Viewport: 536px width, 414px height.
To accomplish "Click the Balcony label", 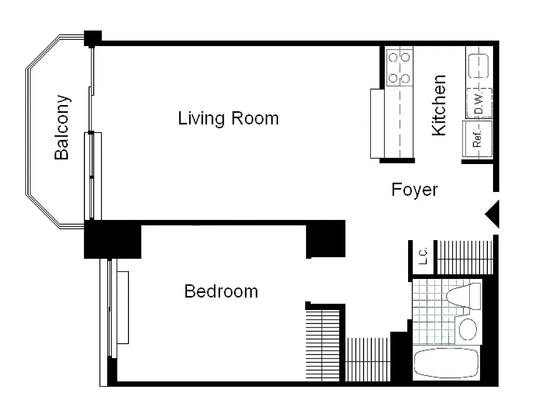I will (x=62, y=127).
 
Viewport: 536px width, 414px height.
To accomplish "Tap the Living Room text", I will (x=228, y=119).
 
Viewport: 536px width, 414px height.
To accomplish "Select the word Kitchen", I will (x=439, y=106).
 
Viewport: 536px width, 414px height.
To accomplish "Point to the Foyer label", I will (x=414, y=189).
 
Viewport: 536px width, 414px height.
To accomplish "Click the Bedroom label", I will (x=221, y=291).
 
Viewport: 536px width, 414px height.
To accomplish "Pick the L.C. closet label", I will (x=423, y=256).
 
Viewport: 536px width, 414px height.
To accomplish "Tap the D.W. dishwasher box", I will (x=479, y=102).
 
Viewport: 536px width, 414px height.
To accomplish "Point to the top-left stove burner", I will (x=393, y=57).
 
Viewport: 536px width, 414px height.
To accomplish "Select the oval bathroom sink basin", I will (x=468, y=329).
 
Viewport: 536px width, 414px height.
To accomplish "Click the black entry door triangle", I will (x=492, y=213).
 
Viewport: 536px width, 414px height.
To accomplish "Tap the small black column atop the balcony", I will (x=92, y=37).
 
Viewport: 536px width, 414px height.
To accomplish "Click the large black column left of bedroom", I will (x=112, y=239).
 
